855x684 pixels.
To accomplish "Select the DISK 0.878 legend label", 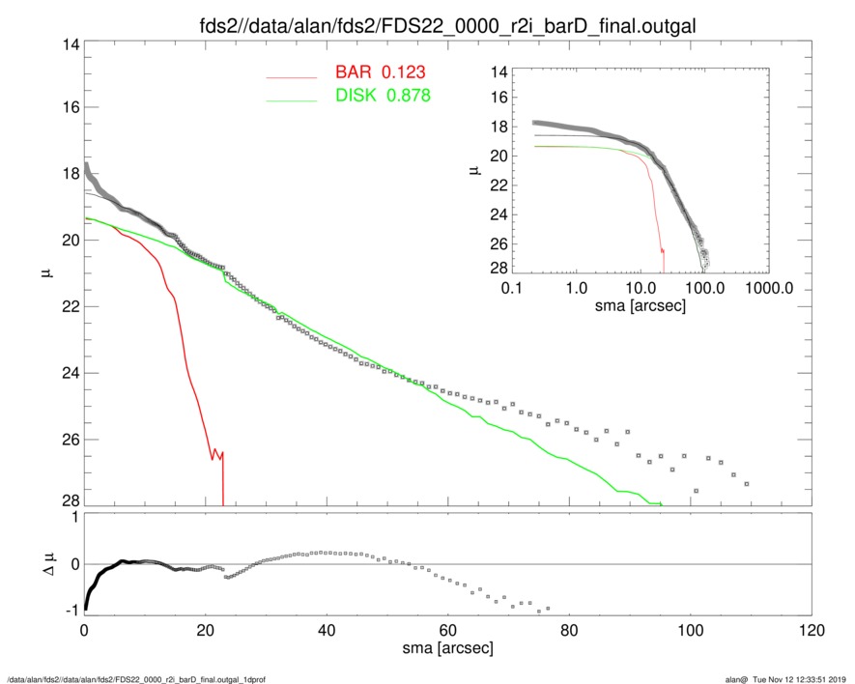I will [383, 96].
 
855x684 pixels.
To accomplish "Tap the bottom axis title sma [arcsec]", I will [448, 648].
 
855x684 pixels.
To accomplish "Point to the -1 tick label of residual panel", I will [68, 611].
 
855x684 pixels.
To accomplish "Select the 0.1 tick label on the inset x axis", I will [512, 287].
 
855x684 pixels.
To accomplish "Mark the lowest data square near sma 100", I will [696, 492].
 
